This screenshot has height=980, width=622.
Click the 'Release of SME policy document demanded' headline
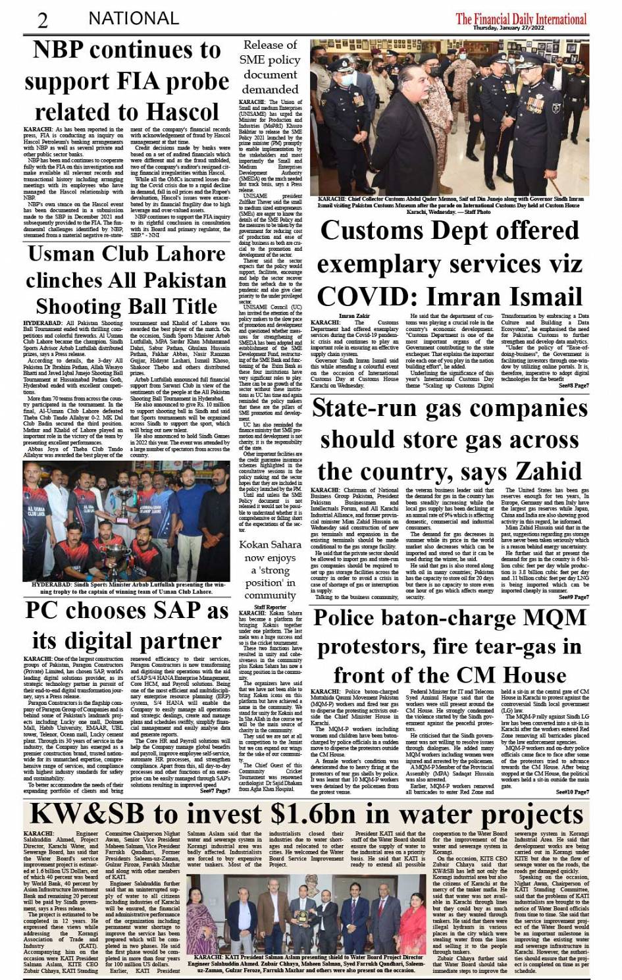(x=270, y=66)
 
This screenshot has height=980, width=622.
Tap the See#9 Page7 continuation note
(x=573, y=597)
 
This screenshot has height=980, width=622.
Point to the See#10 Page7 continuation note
(x=572, y=792)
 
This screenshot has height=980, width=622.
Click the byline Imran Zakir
(x=354, y=316)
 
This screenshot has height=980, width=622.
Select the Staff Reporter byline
(x=270, y=606)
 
